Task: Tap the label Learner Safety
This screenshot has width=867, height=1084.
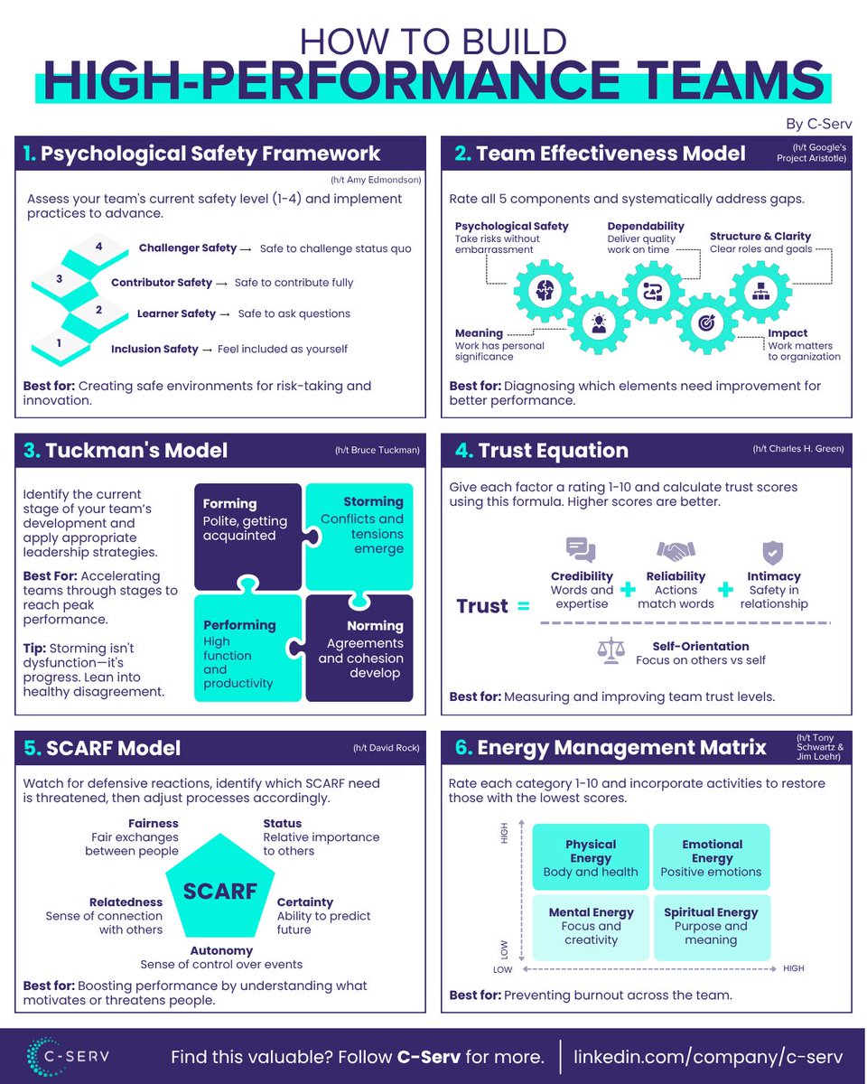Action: click(x=176, y=314)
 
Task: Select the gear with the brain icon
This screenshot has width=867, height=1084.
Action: click(x=545, y=288)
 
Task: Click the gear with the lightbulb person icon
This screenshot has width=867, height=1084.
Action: click(x=598, y=322)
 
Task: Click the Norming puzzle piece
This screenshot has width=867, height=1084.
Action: click(x=359, y=647)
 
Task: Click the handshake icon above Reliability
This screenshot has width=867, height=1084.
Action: click(x=676, y=551)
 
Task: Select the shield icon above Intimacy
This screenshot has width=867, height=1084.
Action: click(x=772, y=551)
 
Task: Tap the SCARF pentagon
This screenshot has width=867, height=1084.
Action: click(x=220, y=889)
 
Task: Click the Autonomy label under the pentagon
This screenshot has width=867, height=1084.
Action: click(x=221, y=950)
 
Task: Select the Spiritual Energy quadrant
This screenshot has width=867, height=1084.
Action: click(x=712, y=927)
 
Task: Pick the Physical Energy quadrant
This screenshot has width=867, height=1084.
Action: click(x=591, y=856)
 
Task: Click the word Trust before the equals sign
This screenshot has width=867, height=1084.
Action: click(x=482, y=606)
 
